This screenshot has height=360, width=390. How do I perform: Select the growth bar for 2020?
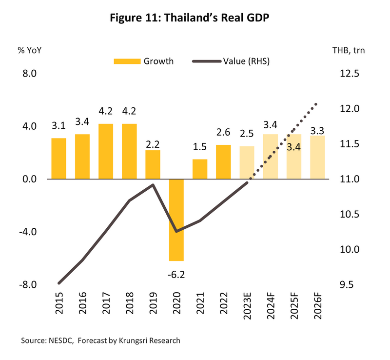click(176, 220)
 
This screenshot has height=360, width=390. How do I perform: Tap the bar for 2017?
click(106, 151)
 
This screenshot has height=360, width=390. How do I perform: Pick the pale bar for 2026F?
click(317, 157)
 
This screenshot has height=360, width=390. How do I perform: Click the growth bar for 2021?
click(200, 169)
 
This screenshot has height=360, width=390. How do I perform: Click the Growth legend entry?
click(144, 61)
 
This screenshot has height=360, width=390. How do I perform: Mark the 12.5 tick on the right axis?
click(349, 74)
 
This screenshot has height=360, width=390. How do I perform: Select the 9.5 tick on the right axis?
click(349, 285)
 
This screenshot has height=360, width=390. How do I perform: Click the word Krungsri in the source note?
click(128, 340)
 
